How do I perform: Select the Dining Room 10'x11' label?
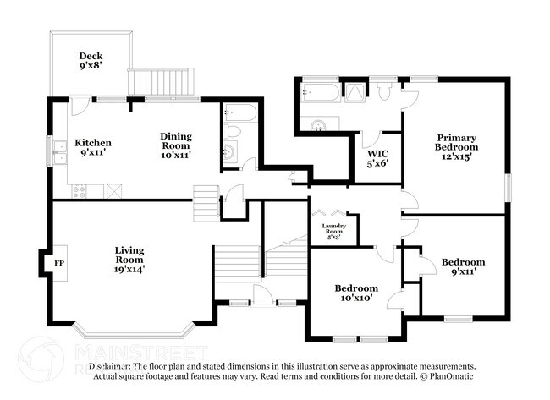(176, 145)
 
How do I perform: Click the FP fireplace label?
(59, 264)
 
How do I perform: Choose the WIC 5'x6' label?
(377, 158)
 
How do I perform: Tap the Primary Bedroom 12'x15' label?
(456, 146)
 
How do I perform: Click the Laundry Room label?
(334, 231)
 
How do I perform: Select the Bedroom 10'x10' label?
(355, 293)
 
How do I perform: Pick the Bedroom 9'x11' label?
(463, 267)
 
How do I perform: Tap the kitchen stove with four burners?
(78, 191)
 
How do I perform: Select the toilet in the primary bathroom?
(385, 92)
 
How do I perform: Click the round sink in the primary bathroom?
(318, 125)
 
